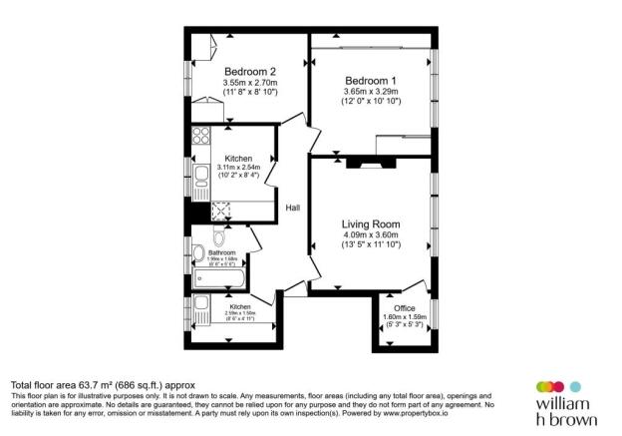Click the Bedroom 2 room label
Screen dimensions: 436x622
pyautogui.click(x=249, y=71)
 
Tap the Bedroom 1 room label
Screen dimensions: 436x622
pyautogui.click(x=371, y=80)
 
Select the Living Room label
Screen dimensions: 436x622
pyautogui.click(x=370, y=223)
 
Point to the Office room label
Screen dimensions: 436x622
pyautogui.click(x=404, y=309)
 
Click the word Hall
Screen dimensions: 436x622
pyautogui.click(x=293, y=208)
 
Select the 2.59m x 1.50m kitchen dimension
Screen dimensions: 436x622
pyautogui.click(x=239, y=313)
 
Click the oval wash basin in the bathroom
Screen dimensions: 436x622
pyautogui.click(x=219, y=237)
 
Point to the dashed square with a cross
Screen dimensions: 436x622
pyautogui.click(x=221, y=211)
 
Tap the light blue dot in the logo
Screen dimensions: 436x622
pyautogui.click(x=574, y=386)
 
